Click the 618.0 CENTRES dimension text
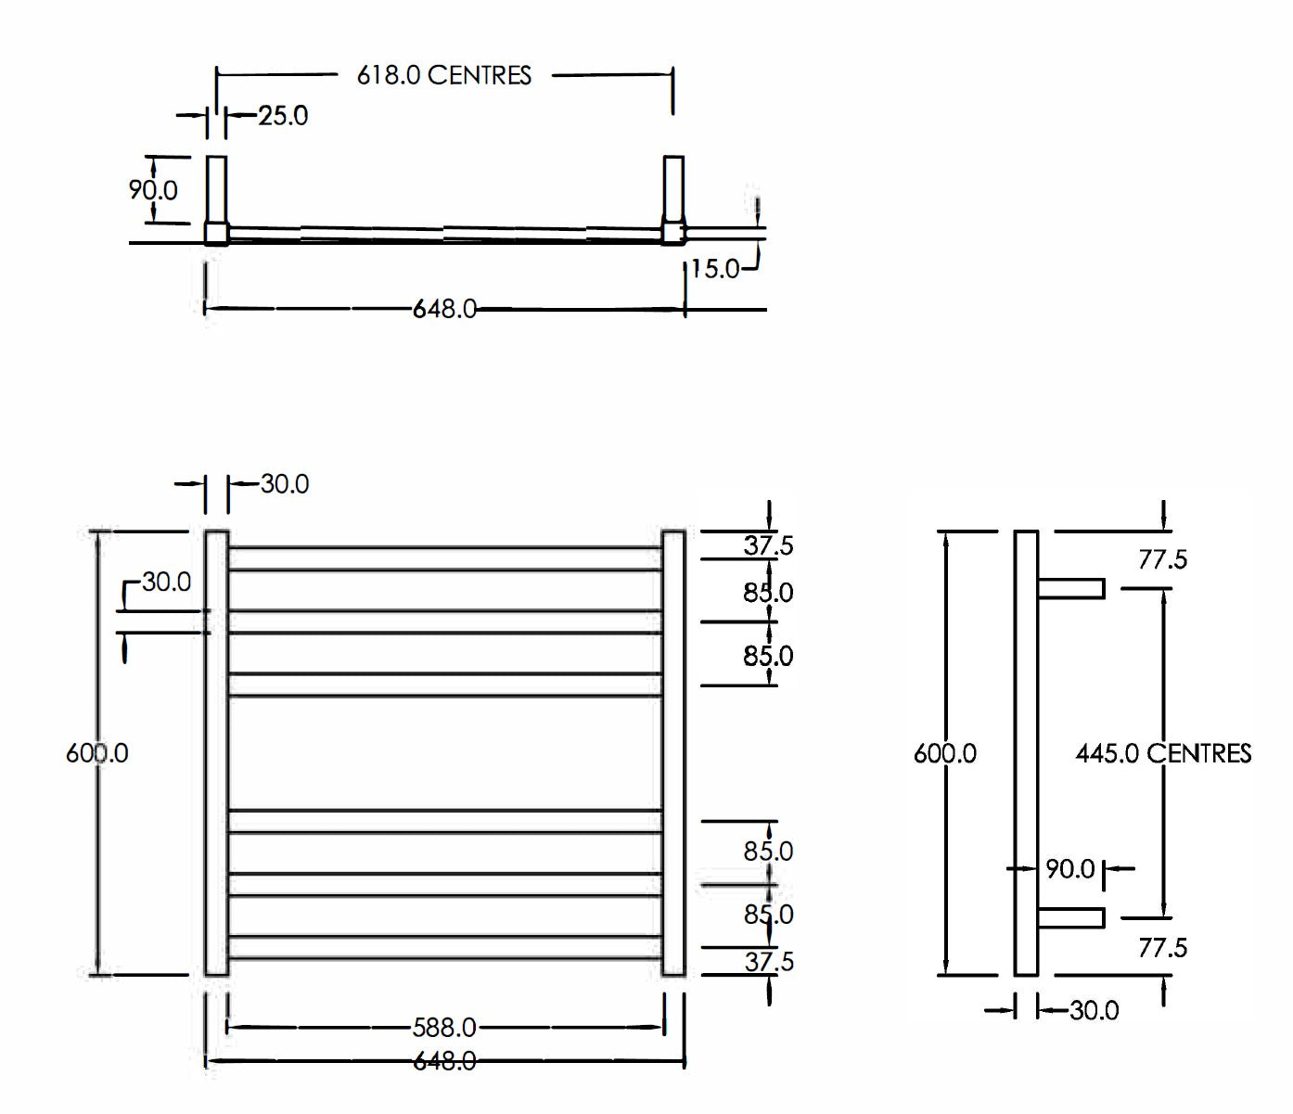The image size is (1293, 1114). (x=444, y=75)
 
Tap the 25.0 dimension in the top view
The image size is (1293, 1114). (x=282, y=116)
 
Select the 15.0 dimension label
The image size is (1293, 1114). (x=715, y=269)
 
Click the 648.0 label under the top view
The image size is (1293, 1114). (x=444, y=309)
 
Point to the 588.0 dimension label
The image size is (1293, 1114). (x=444, y=1028)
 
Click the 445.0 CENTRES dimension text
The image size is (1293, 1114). (x=1163, y=752)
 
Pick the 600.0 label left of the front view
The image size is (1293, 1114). (x=96, y=752)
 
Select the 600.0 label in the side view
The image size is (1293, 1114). (x=944, y=752)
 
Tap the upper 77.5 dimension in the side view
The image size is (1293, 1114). (x=1162, y=559)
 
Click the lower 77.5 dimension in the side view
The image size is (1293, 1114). (x=1162, y=948)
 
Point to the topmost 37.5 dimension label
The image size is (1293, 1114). (x=768, y=545)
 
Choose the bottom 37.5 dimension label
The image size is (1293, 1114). (x=768, y=962)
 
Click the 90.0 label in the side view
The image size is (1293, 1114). (x=1069, y=869)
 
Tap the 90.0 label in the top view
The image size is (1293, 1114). (x=153, y=190)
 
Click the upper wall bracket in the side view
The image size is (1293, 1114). (x=1071, y=589)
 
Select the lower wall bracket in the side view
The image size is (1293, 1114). (x=1071, y=918)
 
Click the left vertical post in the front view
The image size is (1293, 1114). (x=216, y=752)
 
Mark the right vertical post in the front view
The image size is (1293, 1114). (x=674, y=752)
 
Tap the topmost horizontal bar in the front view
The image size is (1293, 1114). (x=445, y=558)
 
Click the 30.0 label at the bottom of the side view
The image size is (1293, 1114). (x=1094, y=1010)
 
